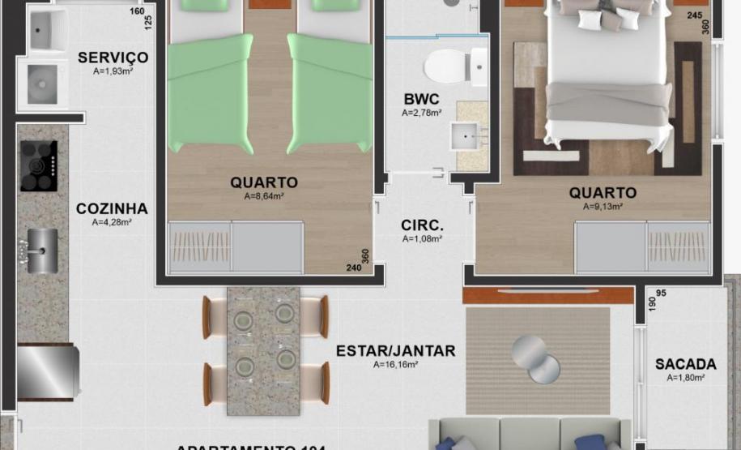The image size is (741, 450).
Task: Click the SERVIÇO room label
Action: point(113,58)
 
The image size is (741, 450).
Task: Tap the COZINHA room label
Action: point(112,208)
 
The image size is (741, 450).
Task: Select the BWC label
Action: point(421,100)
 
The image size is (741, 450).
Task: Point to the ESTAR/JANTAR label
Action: point(395,351)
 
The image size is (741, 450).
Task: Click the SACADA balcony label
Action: point(685,364)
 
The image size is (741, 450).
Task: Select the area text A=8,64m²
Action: point(263,196)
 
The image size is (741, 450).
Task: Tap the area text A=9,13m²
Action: point(603,206)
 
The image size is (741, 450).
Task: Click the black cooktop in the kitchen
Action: point(38,165)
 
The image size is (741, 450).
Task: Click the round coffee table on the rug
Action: point(536,357)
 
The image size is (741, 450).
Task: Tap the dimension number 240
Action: point(354,268)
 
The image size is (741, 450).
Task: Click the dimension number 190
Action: point(652,302)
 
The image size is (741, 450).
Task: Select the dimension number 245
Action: point(694,15)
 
